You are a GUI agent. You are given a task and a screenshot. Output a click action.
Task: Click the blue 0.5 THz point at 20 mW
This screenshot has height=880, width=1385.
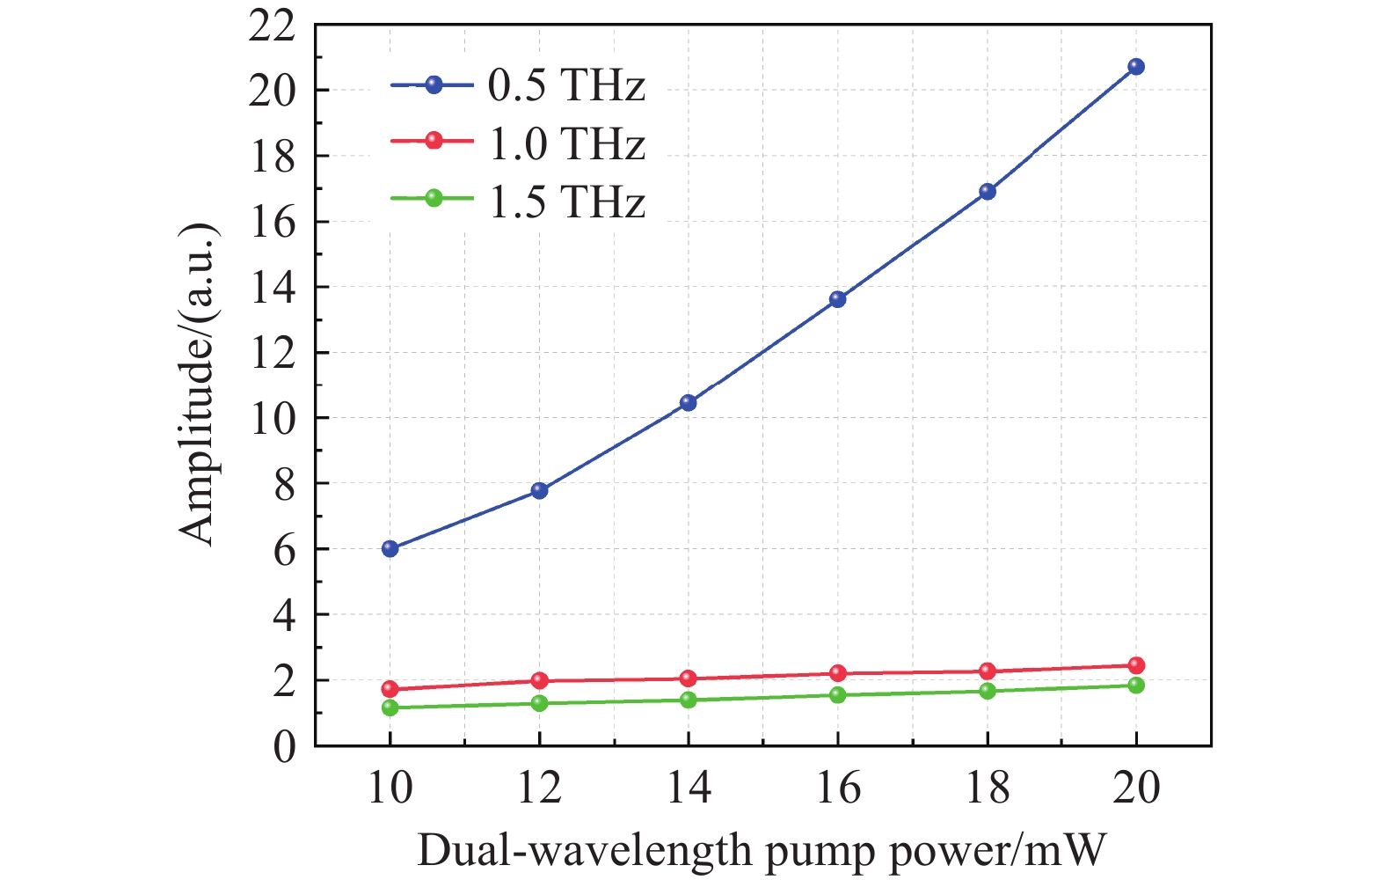[x=1136, y=67]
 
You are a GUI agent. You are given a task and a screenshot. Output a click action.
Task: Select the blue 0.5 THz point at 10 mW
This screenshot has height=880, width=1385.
[x=390, y=548]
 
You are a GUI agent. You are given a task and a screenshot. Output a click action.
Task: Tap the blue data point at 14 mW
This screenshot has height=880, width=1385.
[x=689, y=403]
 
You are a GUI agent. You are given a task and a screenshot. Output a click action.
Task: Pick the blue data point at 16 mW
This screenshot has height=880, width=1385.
[x=838, y=299]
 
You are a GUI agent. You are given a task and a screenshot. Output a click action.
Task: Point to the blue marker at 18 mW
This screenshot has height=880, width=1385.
[x=988, y=192]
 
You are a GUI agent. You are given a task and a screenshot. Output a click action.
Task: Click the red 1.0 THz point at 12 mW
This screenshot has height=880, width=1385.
[x=540, y=680]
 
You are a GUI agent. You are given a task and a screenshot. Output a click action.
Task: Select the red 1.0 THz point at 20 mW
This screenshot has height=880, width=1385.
[x=1136, y=665]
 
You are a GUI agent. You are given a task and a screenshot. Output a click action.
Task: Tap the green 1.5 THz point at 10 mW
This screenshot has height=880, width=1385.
[x=390, y=708]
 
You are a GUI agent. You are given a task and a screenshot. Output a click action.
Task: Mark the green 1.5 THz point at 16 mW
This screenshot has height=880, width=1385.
[x=838, y=695]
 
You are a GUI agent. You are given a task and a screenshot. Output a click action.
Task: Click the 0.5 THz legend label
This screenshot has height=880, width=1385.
[x=567, y=86]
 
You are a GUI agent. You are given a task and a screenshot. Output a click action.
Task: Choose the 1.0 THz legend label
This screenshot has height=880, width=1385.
[x=567, y=143]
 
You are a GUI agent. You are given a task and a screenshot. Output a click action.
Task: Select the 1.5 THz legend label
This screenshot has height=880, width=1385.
[x=567, y=202]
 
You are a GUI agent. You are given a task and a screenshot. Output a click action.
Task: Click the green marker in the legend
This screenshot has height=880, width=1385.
[x=434, y=198]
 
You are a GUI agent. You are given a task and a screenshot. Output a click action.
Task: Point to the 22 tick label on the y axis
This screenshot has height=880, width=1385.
[x=273, y=26]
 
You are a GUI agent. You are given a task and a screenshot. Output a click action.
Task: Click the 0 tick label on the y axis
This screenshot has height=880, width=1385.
[x=284, y=747]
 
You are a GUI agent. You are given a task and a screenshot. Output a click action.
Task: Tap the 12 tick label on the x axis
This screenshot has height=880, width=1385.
[x=539, y=788]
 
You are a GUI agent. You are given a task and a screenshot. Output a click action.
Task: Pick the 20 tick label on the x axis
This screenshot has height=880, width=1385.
[x=1136, y=788]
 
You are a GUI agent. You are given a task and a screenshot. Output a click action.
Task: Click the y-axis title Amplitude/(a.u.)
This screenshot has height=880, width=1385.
[x=198, y=384]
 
